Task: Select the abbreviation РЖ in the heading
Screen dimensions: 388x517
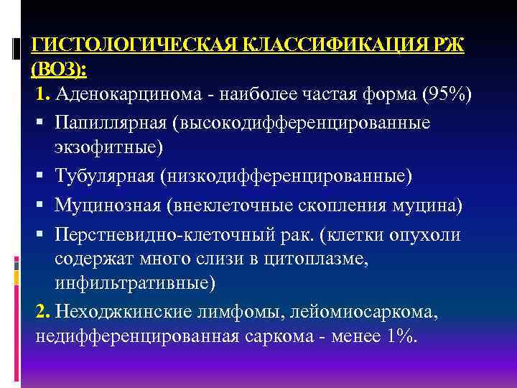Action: [x=450, y=46]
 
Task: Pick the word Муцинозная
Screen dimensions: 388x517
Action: [x=106, y=205]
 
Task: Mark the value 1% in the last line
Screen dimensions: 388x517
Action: [x=399, y=336]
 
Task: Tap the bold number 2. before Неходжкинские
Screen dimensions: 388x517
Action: [x=43, y=313]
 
